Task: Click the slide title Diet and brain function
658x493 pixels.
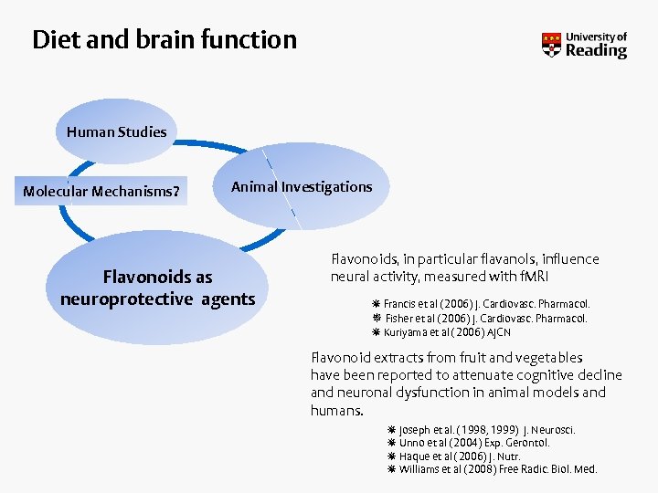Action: point(164,40)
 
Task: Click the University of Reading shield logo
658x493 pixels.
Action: point(551,45)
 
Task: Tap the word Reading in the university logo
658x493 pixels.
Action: point(596,51)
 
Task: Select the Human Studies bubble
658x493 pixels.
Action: point(116,131)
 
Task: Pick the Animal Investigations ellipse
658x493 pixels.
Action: point(302,187)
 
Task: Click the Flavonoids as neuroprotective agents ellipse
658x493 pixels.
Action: point(157,288)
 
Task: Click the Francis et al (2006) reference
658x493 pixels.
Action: point(486,304)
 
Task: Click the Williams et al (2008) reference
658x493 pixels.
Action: point(497,469)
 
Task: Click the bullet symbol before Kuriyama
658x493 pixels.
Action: point(376,332)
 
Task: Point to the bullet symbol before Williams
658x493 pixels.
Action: point(391,469)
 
